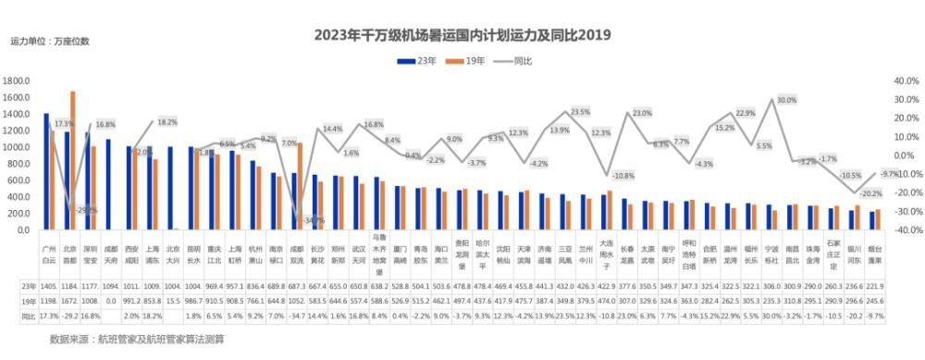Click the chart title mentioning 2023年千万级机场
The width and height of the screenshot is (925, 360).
(x=462, y=35)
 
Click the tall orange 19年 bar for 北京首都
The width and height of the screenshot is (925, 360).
(x=73, y=160)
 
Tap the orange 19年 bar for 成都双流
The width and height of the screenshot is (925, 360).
(x=299, y=187)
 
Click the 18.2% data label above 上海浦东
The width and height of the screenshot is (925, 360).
(x=167, y=122)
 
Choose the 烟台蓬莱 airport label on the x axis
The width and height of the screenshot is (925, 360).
(x=875, y=253)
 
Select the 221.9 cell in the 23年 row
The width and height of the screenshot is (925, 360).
(x=875, y=289)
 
